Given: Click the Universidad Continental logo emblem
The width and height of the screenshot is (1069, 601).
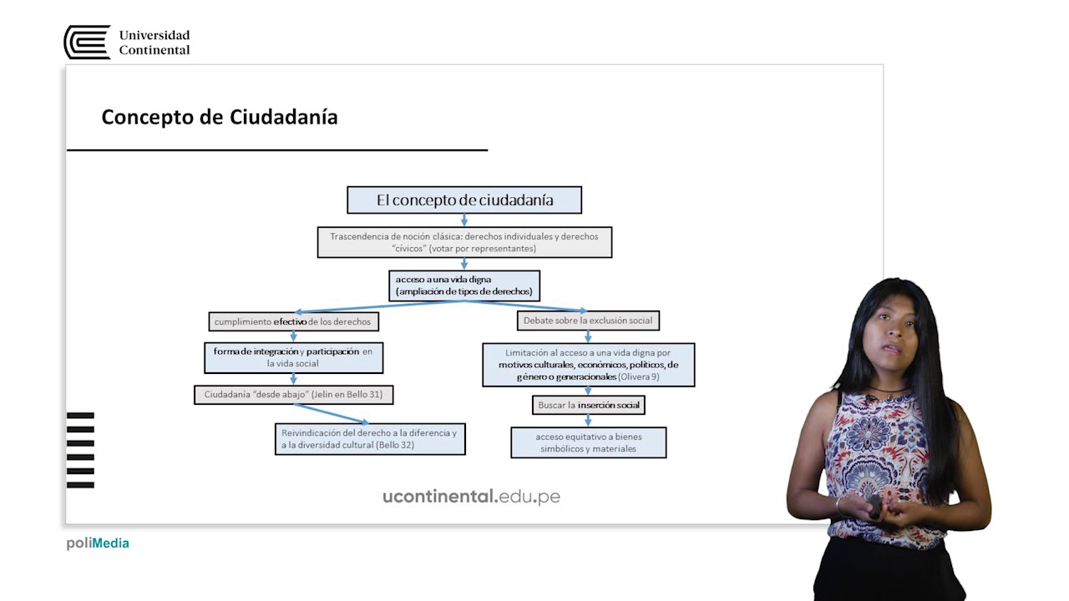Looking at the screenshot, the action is click(x=88, y=42).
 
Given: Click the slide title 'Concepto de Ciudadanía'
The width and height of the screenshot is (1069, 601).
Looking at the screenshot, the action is click(x=220, y=117).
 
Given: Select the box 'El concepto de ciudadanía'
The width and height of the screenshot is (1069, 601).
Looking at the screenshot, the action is click(x=464, y=199).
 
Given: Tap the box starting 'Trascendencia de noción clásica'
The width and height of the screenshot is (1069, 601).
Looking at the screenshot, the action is click(x=464, y=242).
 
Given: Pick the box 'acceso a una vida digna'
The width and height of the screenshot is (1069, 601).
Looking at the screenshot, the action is click(x=464, y=285).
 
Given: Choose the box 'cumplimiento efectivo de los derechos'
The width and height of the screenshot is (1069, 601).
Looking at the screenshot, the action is click(x=293, y=321).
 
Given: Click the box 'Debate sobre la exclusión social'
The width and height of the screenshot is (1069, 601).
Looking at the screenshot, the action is click(x=588, y=321).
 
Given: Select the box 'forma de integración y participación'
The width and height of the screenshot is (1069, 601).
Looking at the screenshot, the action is click(x=293, y=358).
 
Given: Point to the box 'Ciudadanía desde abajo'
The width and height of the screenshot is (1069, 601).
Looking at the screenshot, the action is click(x=293, y=395).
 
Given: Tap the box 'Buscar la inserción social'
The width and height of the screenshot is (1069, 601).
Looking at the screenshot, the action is click(x=589, y=405).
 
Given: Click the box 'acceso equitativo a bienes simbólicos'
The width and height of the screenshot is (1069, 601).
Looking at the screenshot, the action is click(x=589, y=442).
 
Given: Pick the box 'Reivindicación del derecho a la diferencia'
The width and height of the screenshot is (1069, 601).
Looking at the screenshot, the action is click(x=370, y=439).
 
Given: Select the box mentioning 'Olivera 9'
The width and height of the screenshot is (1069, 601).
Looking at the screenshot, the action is click(x=589, y=365).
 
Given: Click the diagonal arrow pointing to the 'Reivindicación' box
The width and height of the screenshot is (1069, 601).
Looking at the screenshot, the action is click(x=332, y=413).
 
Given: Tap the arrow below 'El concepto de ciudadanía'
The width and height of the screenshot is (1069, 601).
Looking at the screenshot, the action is click(x=464, y=220).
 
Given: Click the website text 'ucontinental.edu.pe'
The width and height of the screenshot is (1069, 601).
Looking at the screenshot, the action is click(x=472, y=497).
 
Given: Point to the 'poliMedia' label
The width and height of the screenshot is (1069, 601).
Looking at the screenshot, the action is click(x=98, y=543).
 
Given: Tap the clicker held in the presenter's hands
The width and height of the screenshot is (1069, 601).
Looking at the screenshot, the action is click(x=875, y=507).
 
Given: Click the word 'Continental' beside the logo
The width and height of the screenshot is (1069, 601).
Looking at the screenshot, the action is click(x=155, y=49).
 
